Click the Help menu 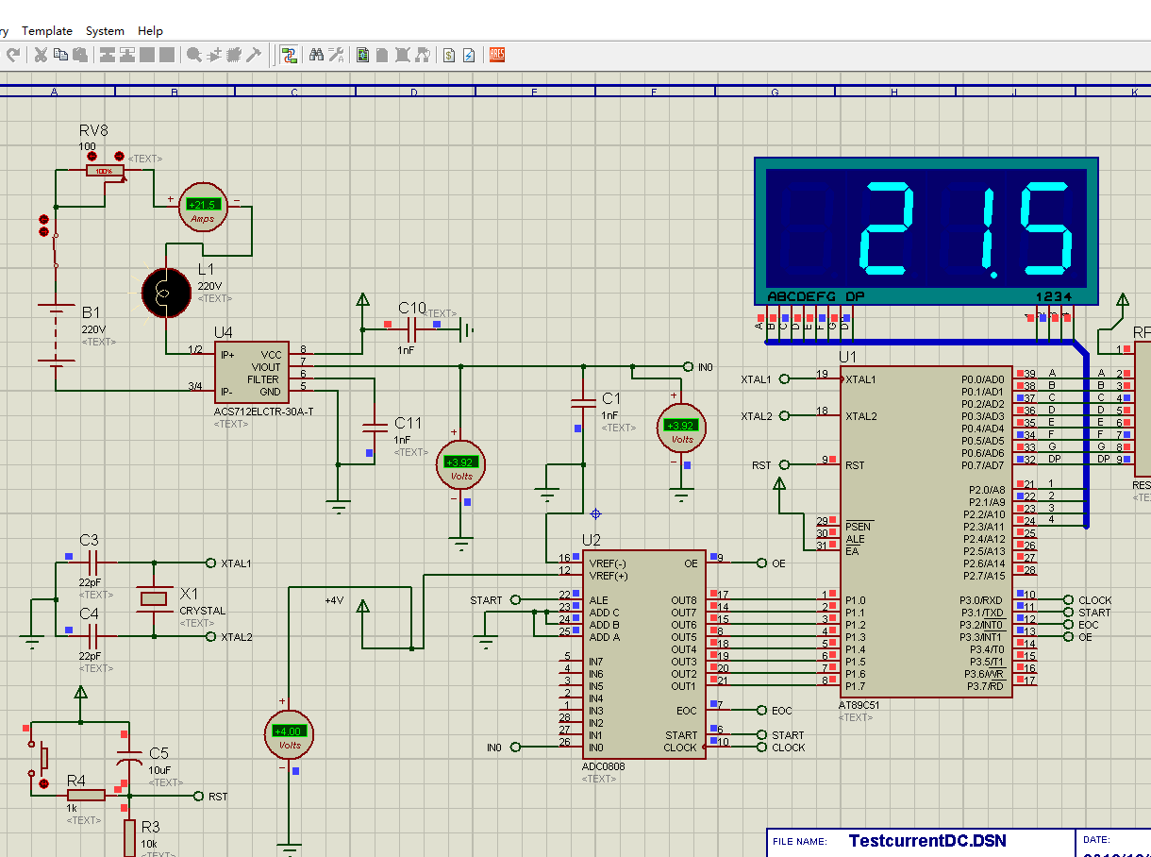pyautogui.click(x=150, y=31)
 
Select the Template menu pyautogui.click(x=47, y=31)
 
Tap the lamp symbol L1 pyautogui.click(x=164, y=293)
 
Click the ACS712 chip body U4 pyautogui.click(x=251, y=374)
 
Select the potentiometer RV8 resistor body pyautogui.click(x=104, y=171)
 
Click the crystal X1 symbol pyautogui.click(x=154, y=598)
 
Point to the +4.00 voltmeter pyautogui.click(x=288, y=734)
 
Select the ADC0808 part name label pyautogui.click(x=603, y=766)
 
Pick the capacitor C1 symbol pyautogui.click(x=583, y=404)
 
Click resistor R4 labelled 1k pyautogui.click(x=85, y=795)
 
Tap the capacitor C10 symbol pyautogui.click(x=411, y=329)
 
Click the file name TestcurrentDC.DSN pyautogui.click(x=926, y=841)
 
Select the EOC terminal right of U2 pyautogui.click(x=762, y=710)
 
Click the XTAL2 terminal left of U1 pyautogui.click(x=784, y=416)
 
